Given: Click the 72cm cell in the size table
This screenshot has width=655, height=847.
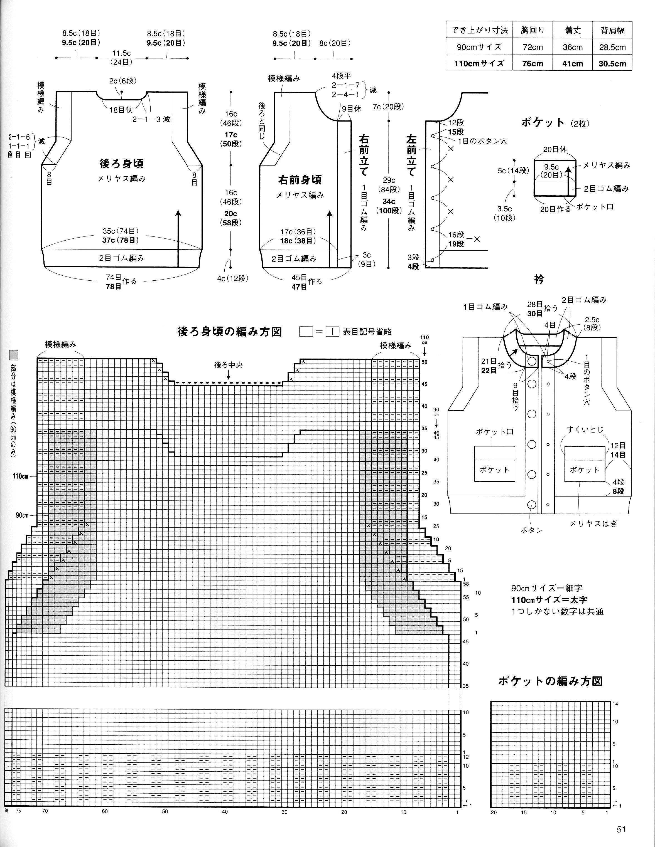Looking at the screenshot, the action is coord(533,47).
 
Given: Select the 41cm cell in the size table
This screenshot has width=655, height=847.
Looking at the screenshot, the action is coord(572,64).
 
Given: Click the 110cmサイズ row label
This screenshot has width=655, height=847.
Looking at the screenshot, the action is coord(479,64).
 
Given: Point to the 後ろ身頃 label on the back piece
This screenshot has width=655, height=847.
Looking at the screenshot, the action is coord(121,164).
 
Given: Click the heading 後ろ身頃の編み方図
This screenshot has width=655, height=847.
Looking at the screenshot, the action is coord(229,332).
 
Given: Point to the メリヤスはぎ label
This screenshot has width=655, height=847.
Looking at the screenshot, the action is coord(593,523).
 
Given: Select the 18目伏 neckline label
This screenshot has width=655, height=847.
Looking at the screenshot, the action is coord(121,110).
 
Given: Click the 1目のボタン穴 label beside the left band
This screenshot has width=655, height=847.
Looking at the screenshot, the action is coord(482,141).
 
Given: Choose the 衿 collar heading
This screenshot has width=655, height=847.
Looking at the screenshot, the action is coord(539,279).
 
